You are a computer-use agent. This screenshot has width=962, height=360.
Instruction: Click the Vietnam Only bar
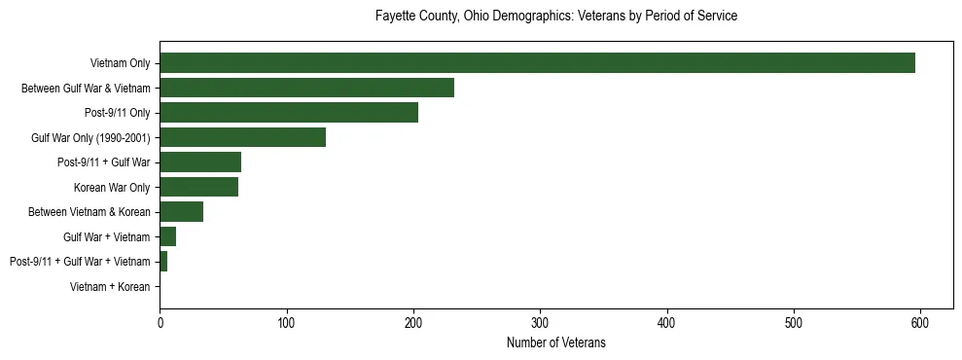click(537, 62)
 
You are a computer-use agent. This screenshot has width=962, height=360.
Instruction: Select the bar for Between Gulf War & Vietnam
click(306, 88)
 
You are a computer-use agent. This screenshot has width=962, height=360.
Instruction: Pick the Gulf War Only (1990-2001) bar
click(242, 137)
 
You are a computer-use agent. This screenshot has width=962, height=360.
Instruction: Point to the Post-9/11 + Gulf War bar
click(200, 162)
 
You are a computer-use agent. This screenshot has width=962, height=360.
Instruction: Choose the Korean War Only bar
click(198, 187)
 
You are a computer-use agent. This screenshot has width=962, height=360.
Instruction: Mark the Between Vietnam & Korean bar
click(181, 212)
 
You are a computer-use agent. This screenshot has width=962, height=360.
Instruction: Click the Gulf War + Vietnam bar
click(167, 236)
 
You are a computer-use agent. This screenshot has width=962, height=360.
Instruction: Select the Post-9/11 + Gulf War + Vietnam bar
click(163, 262)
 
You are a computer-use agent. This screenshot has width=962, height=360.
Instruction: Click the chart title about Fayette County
click(555, 17)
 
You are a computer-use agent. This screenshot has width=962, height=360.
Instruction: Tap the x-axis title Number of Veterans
click(555, 342)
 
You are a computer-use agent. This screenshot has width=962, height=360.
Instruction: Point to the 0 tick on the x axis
click(160, 321)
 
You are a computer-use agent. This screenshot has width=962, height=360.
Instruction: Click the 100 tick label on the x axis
click(286, 321)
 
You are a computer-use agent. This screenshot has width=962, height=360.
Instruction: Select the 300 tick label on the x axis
click(540, 321)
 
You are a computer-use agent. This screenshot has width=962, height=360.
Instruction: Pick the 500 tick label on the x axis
click(794, 321)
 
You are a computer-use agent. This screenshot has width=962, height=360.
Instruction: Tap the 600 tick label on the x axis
click(920, 321)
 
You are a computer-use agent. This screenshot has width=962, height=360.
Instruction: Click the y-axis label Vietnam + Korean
click(110, 287)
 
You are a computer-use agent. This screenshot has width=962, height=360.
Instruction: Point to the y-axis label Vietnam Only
click(120, 63)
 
